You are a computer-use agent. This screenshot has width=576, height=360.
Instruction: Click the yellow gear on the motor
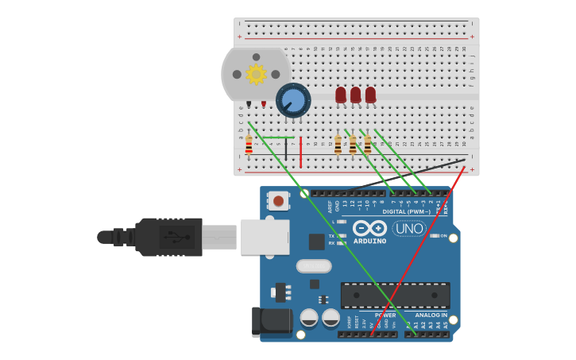pos(256,74)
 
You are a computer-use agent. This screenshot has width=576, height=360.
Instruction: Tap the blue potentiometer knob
pos(293,100)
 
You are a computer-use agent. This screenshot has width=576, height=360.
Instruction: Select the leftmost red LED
pos(341,95)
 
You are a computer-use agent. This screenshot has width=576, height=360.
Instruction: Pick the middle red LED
pos(355,95)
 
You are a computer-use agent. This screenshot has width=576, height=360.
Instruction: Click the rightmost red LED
pos(370,95)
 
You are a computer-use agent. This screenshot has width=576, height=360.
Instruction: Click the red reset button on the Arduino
pos(278,200)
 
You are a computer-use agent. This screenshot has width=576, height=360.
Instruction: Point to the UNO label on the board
pos(409,228)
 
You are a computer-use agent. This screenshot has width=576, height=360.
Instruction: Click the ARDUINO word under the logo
pos(369,241)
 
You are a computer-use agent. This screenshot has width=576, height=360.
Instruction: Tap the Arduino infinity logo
pos(369,228)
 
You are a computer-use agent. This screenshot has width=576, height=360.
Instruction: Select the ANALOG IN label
pos(431,315)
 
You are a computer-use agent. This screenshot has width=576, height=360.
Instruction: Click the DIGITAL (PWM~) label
pos(406,211)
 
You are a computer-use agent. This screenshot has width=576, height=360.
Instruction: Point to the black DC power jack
pos(270,320)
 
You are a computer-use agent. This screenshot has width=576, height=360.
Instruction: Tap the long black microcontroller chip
pos(395,295)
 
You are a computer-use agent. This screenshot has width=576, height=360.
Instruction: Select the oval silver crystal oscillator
pos(314,265)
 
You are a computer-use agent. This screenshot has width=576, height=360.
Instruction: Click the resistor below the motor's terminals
pos(249,145)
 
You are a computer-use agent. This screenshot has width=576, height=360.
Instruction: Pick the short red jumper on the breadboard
pos(300,152)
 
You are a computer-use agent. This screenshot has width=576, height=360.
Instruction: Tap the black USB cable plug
pos(168,237)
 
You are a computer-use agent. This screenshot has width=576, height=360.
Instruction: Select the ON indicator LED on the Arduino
pos(434,235)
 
